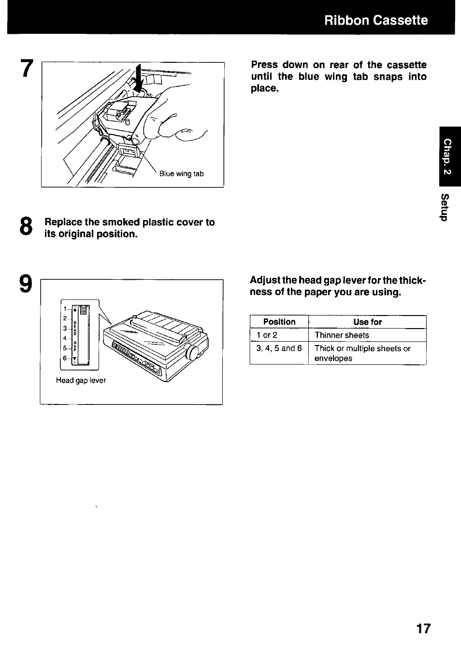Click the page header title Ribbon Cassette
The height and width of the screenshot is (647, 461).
pos(375,20)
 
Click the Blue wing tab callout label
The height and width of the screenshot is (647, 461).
pos(181,174)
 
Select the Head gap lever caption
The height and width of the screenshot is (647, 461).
pos(81,380)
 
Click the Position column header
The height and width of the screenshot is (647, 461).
pos(279,322)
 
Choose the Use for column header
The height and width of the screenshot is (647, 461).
pos(367,322)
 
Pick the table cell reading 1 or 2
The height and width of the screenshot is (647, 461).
pos(267,335)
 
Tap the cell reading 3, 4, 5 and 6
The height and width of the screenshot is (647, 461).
pos(279,348)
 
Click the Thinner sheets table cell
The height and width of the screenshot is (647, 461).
pos(341,335)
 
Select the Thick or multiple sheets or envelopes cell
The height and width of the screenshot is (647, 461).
pos(362,353)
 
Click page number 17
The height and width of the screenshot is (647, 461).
pos(423,629)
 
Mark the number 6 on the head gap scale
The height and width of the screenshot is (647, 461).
pos(64,358)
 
